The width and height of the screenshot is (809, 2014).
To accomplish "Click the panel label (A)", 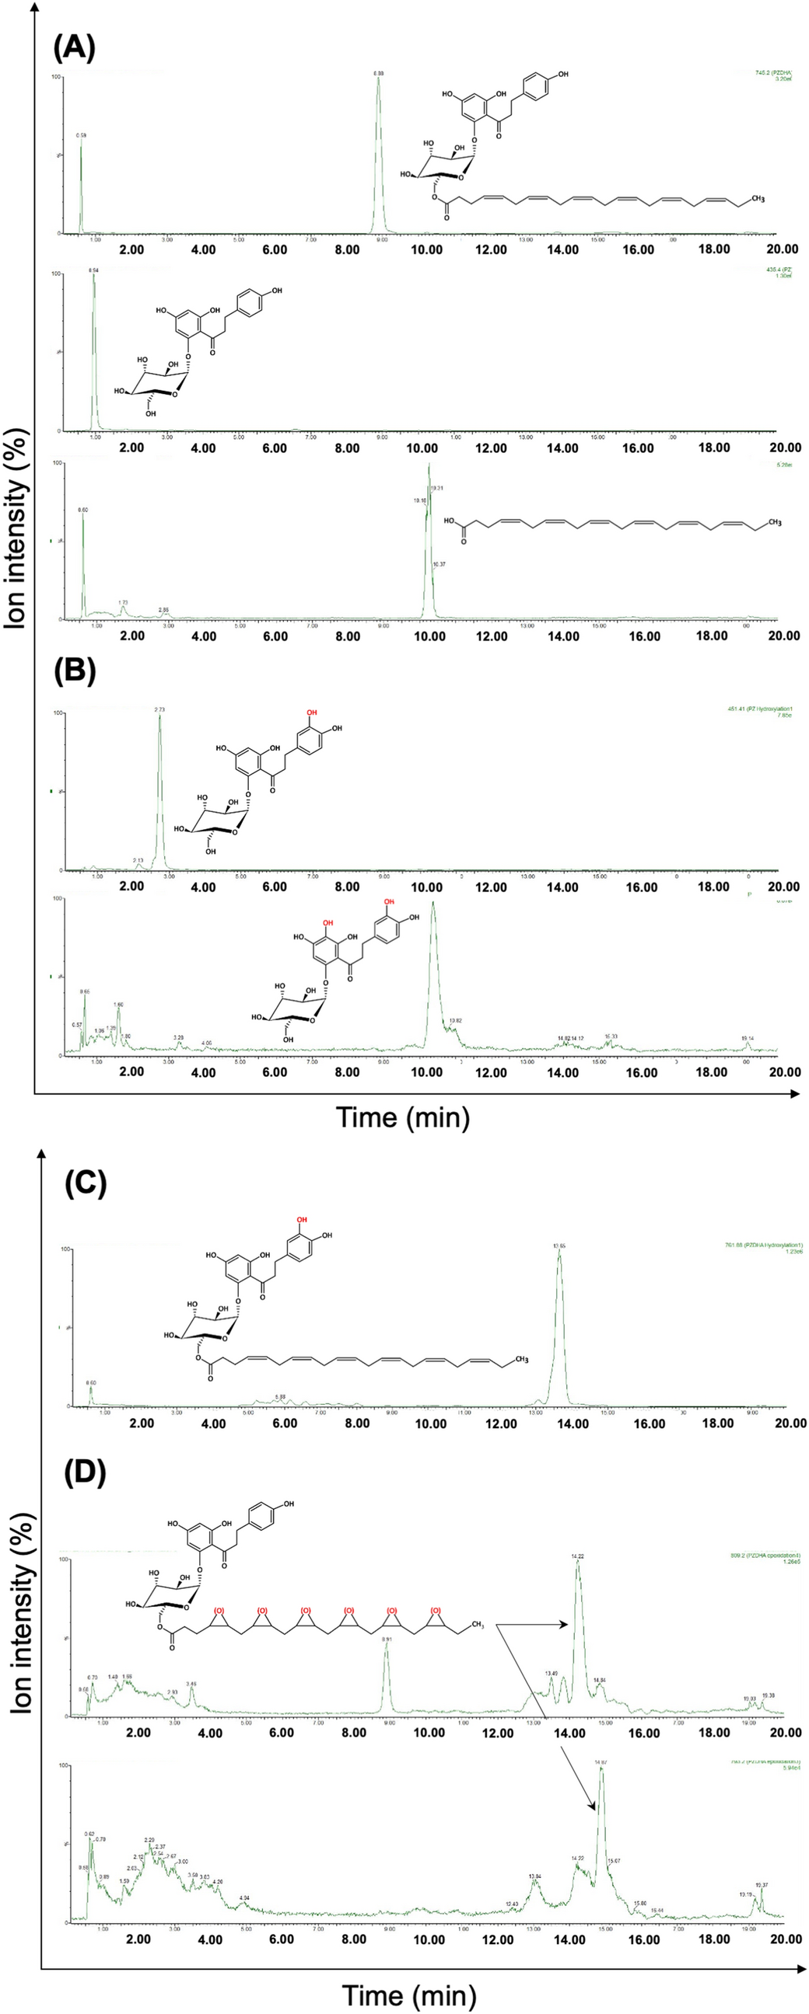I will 74,48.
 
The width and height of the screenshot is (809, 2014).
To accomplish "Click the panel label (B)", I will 74,671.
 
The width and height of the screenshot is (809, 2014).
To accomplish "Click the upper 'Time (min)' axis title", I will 403,1117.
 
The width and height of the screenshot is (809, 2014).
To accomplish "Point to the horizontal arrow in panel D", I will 532,1624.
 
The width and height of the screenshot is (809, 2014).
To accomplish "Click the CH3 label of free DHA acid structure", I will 775,522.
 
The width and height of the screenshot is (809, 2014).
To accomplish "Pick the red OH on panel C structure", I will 302,1220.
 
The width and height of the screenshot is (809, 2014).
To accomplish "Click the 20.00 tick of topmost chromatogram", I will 783,249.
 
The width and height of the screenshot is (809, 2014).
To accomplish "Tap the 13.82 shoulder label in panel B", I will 456,1021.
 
